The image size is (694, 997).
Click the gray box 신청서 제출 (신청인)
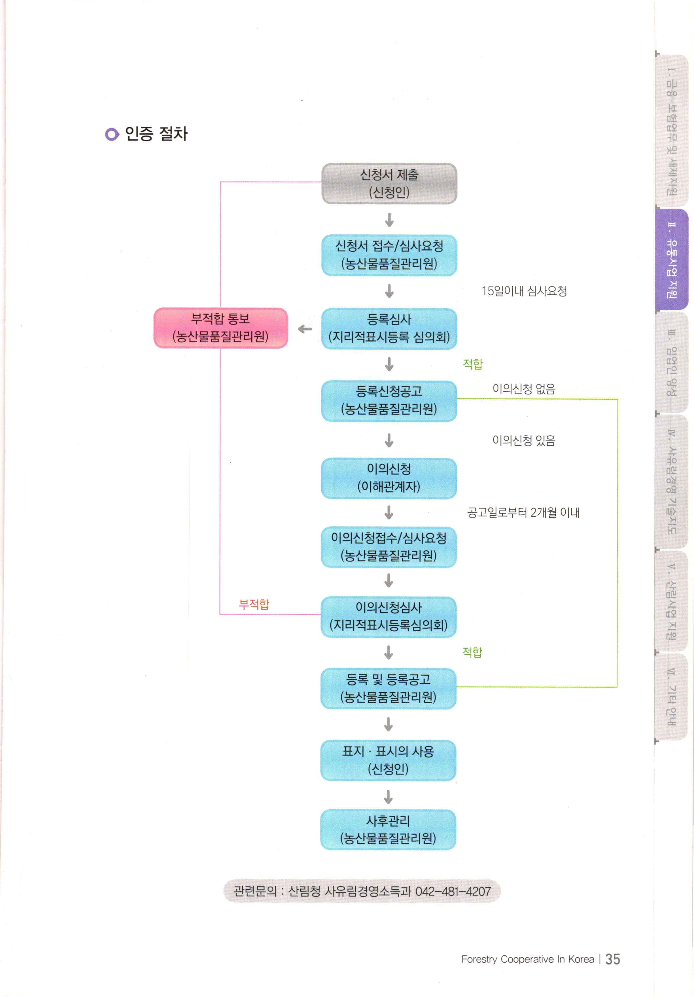[x=389, y=183]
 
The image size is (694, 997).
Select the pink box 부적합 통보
[x=221, y=328]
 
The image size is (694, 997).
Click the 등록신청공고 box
[x=389, y=400]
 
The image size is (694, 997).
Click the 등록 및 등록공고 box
[x=388, y=688]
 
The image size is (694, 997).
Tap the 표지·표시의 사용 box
[x=388, y=760]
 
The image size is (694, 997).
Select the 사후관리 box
[x=388, y=830]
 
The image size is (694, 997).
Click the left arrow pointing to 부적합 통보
[x=305, y=329]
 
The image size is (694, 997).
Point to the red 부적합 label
[x=254, y=604]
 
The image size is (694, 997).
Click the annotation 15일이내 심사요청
[x=524, y=291]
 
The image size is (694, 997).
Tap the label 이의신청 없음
[x=524, y=389]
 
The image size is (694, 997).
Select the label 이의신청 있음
[x=524, y=440]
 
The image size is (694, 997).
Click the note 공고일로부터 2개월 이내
[x=523, y=512]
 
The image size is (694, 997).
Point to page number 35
[x=612, y=959]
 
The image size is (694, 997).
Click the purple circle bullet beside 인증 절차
[x=112, y=134]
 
